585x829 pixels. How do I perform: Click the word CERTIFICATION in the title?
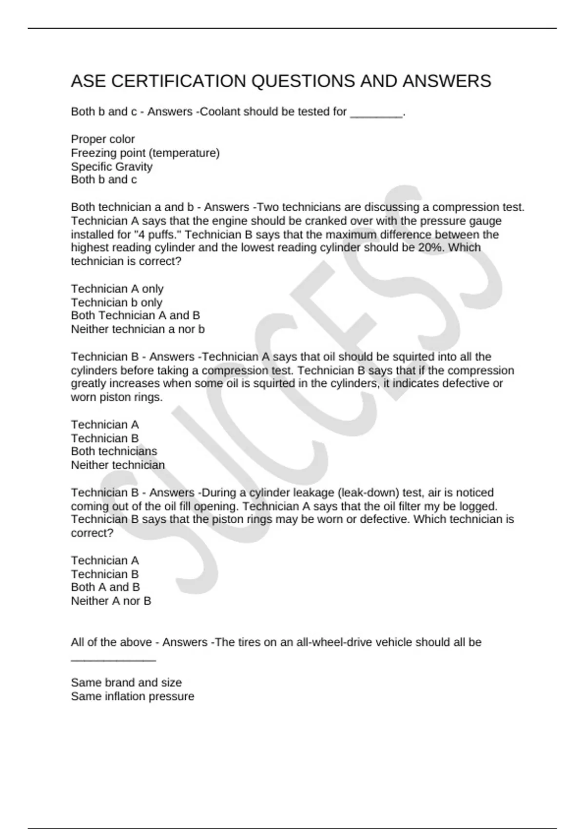[x=177, y=81]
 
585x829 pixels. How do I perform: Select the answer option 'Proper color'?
[x=103, y=139]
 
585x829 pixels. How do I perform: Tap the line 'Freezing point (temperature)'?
[x=145, y=153]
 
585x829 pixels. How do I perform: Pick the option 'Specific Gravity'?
[x=112, y=167]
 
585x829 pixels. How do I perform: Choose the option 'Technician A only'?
[x=117, y=289]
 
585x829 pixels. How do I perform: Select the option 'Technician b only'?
[x=117, y=302]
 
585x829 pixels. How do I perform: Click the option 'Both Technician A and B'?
[x=136, y=316]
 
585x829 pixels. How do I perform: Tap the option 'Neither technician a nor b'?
[x=138, y=329]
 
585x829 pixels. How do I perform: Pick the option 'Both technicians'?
[x=114, y=451]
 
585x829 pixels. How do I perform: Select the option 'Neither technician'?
[x=118, y=465]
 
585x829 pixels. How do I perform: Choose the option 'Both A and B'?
[x=105, y=587]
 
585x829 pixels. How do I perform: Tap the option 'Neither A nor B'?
[x=111, y=601]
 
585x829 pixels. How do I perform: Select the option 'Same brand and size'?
[x=126, y=683]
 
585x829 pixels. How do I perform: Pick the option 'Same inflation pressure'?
[x=133, y=696]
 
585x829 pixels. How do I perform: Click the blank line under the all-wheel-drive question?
[x=113, y=660]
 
